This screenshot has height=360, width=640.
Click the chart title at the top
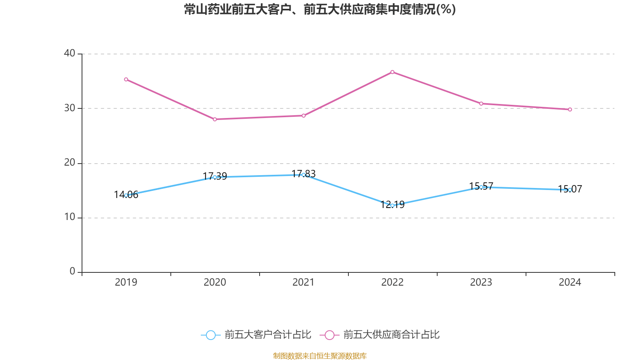(x=320, y=9)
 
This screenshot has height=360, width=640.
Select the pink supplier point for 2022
(x=392, y=72)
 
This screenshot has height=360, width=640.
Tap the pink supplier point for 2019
(x=126, y=79)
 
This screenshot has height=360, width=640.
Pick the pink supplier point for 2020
(x=215, y=119)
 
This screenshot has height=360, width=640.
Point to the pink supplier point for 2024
(x=570, y=109)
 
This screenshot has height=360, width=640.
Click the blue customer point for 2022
(x=392, y=206)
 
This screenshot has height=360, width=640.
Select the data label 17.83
(x=304, y=174)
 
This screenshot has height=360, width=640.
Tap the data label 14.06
(x=126, y=194)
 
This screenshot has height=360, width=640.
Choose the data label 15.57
(x=481, y=186)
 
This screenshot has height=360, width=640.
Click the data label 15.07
(x=570, y=189)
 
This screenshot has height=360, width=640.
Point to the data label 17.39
(x=215, y=176)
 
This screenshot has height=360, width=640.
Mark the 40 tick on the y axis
(x=70, y=53)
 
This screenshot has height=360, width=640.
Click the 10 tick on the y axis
(x=70, y=217)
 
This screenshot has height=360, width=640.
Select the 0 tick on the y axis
(x=72, y=271)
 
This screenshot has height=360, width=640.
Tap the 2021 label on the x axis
(x=304, y=282)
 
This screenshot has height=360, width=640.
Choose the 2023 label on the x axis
(x=481, y=282)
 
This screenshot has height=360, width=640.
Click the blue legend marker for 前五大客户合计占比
(x=210, y=335)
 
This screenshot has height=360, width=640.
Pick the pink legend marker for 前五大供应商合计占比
(x=329, y=335)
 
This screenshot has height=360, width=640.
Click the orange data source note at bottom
(x=320, y=356)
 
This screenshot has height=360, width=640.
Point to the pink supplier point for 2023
(x=481, y=104)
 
